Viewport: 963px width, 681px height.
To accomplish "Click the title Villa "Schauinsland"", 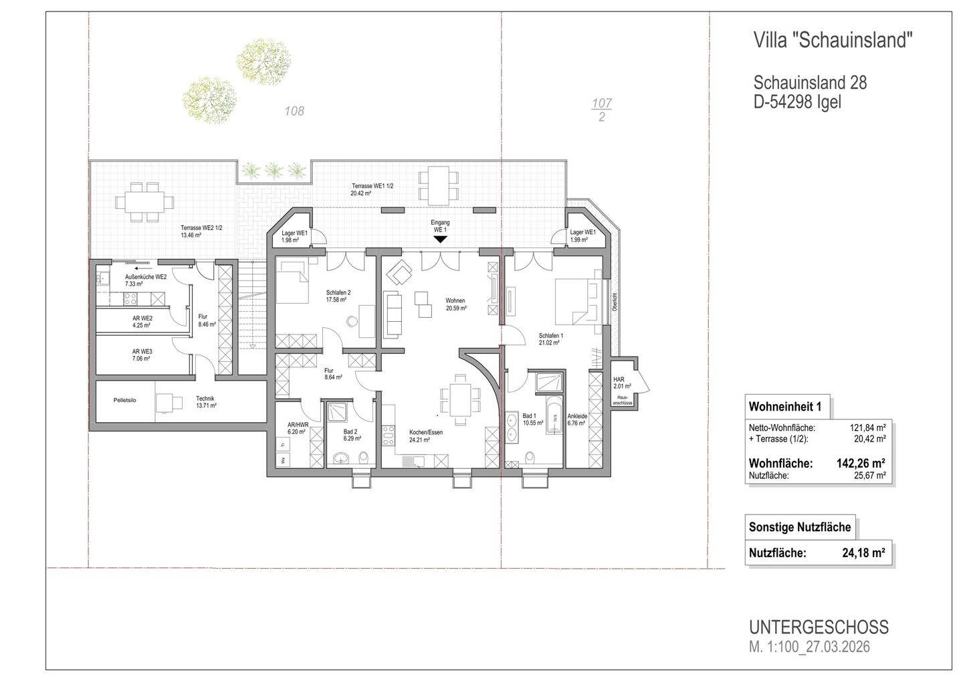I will coord(833,41).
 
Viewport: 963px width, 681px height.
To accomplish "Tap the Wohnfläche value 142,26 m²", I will coord(861,463).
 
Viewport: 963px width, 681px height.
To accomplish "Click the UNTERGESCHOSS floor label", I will coord(819,627).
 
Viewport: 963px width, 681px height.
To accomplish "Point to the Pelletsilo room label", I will coord(124,399).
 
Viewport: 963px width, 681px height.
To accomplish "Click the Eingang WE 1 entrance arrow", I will coord(439,238).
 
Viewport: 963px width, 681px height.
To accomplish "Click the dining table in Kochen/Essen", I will coord(459,399).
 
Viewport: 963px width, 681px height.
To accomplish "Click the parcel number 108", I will coord(294,111).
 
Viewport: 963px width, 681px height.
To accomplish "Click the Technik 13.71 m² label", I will coord(205,402).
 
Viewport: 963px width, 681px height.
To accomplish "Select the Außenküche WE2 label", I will coord(145,280).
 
